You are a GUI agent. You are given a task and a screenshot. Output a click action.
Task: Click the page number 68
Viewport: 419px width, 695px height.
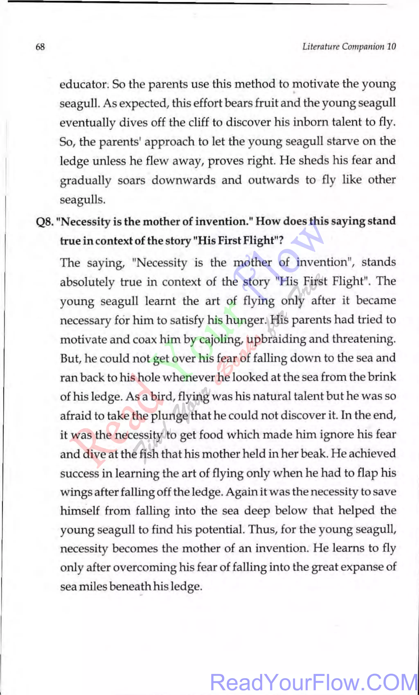click(x=40, y=46)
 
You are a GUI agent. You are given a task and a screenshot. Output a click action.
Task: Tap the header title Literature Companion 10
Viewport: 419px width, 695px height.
click(x=349, y=46)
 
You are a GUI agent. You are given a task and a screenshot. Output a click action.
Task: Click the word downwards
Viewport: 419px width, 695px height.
click(x=183, y=180)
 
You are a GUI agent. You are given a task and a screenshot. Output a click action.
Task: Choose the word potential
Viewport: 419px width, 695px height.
click(x=220, y=530)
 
